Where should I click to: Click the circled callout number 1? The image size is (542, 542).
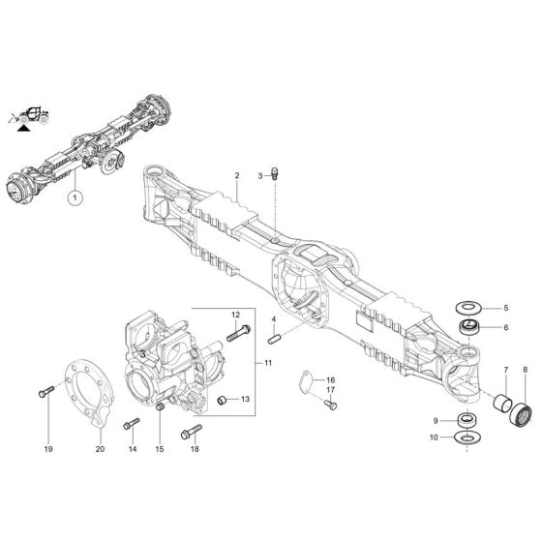tap(74, 197)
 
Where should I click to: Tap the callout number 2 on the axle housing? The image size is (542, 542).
tap(236, 175)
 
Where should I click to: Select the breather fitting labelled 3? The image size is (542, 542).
tap(277, 173)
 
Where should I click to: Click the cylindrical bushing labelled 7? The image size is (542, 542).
tap(502, 399)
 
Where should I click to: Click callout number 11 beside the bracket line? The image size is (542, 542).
tap(268, 362)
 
